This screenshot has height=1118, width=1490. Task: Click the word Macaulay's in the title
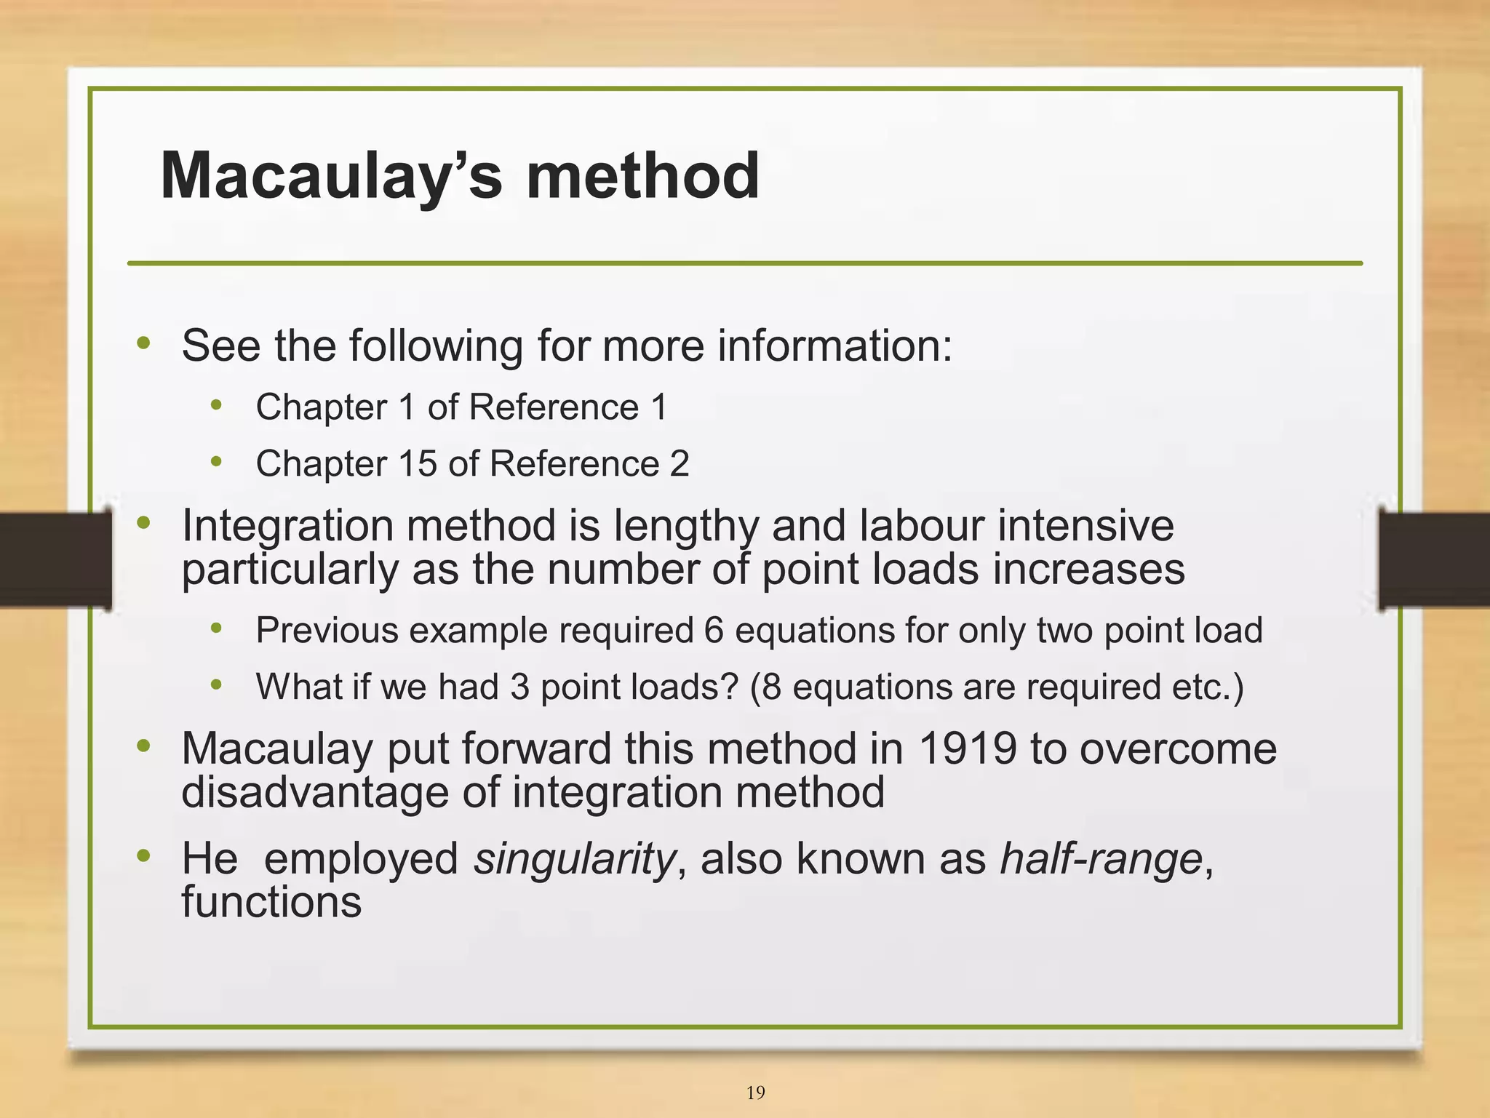click(x=331, y=176)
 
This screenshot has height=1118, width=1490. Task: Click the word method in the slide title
click(x=642, y=176)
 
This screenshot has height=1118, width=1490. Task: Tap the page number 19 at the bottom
click(x=755, y=1093)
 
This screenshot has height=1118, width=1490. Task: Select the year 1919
click(x=967, y=748)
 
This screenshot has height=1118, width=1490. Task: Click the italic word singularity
click(x=574, y=858)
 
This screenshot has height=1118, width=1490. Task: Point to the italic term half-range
click(x=1101, y=858)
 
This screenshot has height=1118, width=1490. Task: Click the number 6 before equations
click(x=714, y=631)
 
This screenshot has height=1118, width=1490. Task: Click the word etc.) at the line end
click(x=1208, y=687)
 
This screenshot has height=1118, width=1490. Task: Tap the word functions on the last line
click(x=271, y=902)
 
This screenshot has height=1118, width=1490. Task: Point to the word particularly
click(x=290, y=569)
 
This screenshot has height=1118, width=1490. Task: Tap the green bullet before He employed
click(x=143, y=855)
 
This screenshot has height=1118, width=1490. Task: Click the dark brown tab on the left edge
click(x=55, y=560)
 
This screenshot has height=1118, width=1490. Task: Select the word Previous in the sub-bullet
click(x=327, y=631)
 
